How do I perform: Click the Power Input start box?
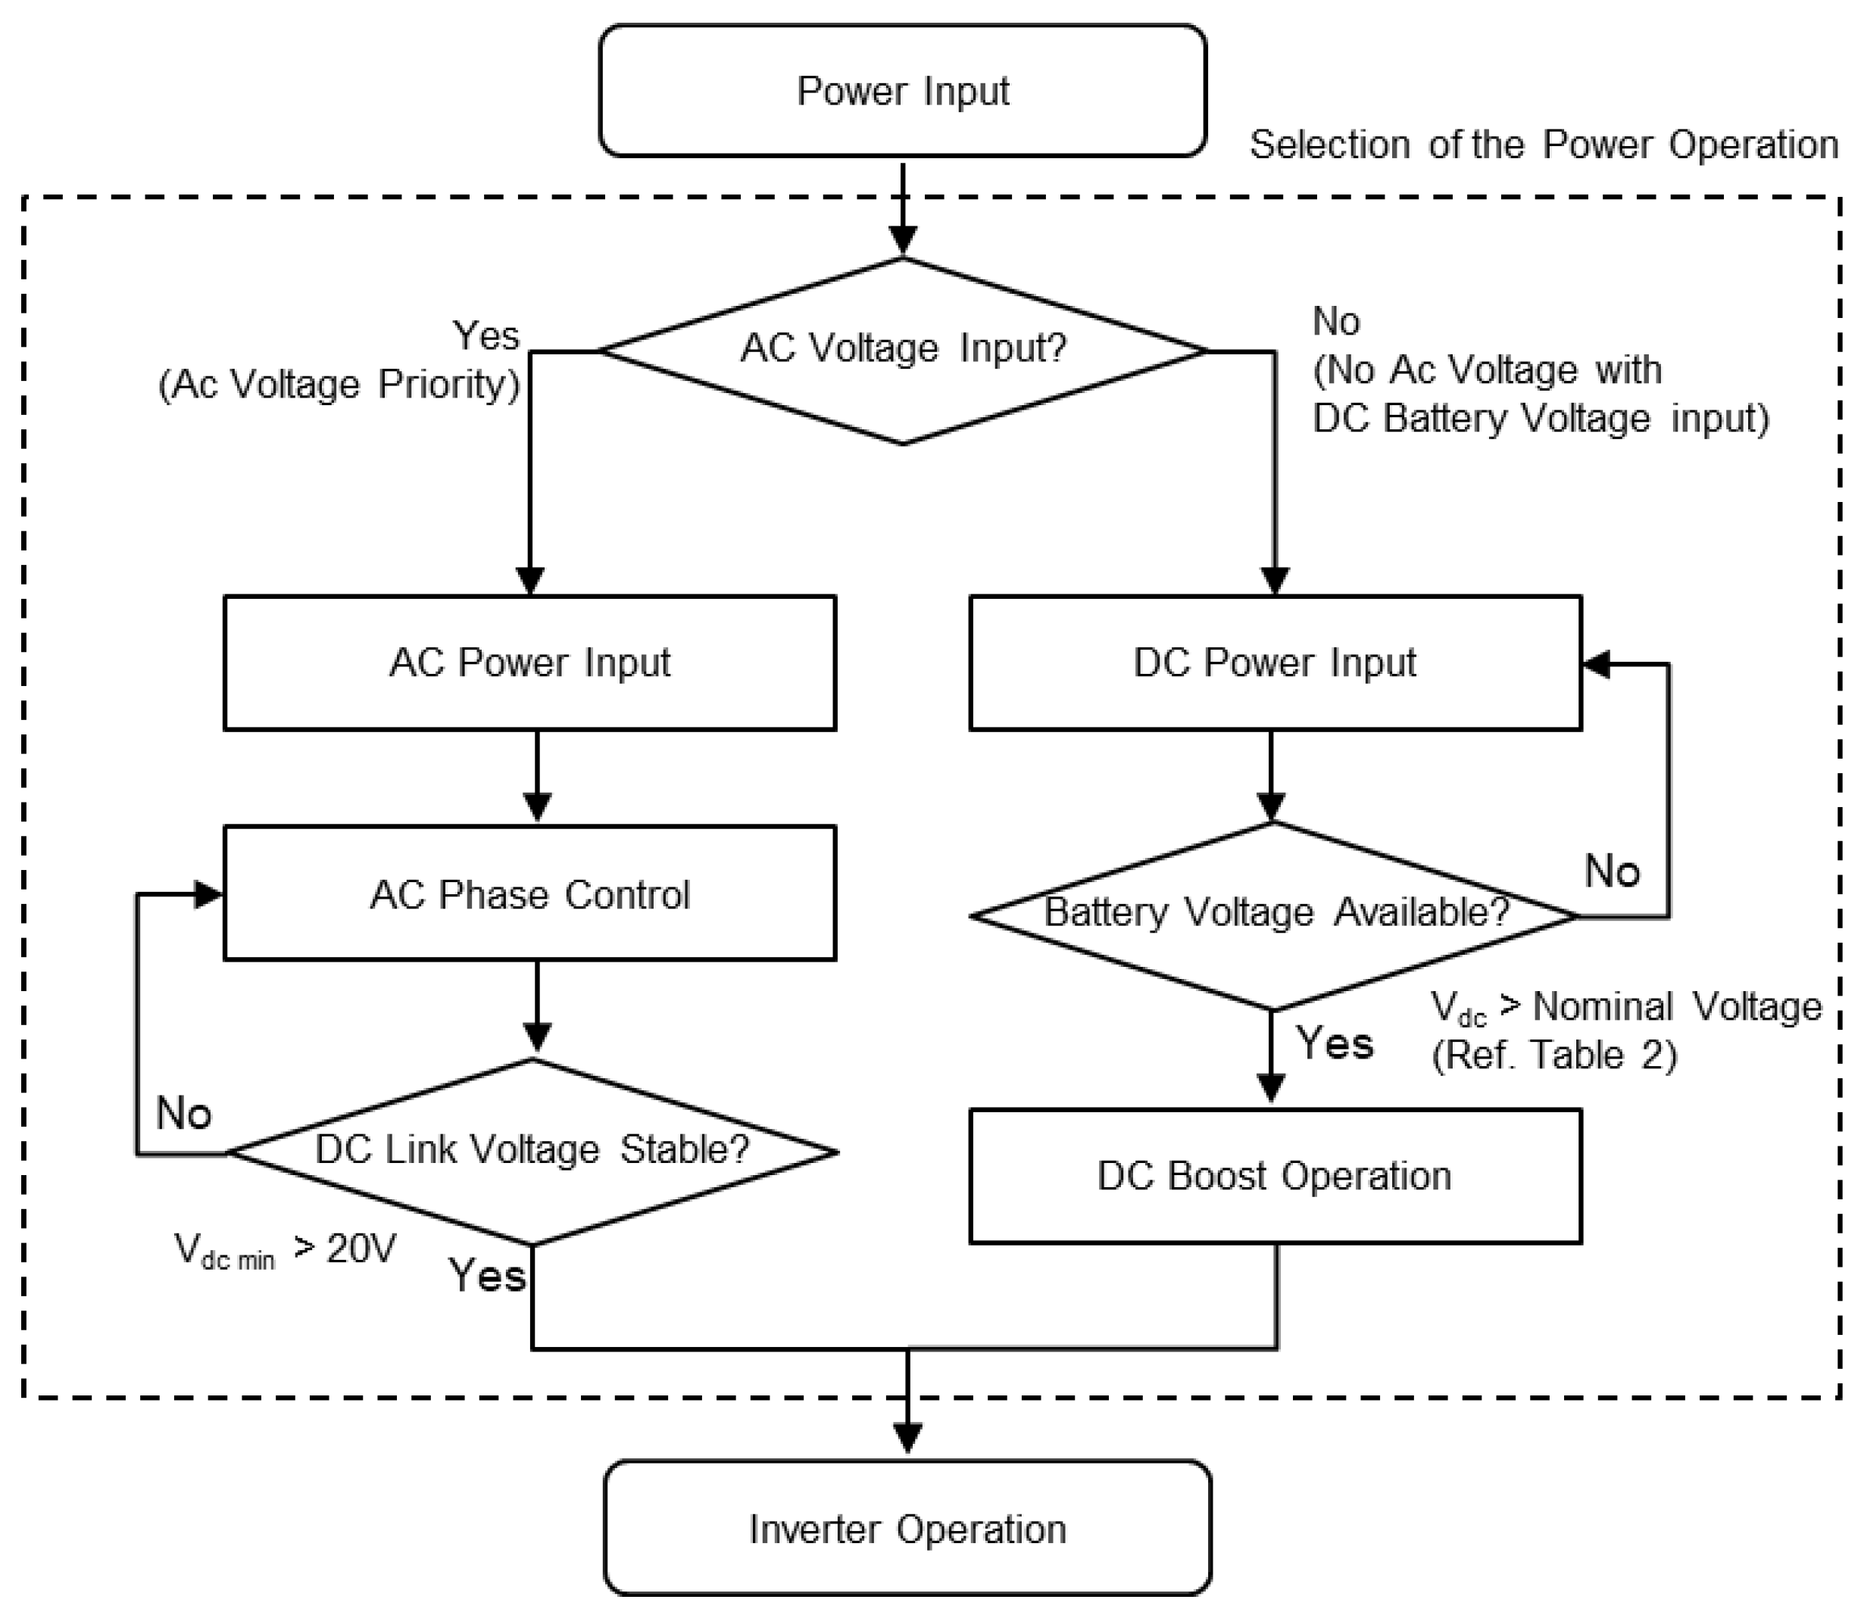(902, 91)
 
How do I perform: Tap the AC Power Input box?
(529, 663)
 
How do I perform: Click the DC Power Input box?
(1275, 663)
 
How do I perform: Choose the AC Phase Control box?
(529, 894)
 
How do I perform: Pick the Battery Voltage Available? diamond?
(1274, 914)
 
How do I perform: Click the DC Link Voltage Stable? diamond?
(532, 1151)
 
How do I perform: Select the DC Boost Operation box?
(1275, 1176)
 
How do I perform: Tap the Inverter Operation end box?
(907, 1529)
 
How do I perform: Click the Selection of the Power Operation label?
(1543, 144)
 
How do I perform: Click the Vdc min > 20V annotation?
(285, 1251)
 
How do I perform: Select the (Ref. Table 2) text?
(1554, 1055)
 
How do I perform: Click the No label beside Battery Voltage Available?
(1612, 871)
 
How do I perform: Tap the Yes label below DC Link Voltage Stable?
(487, 1276)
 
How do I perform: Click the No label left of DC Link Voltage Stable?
(184, 1113)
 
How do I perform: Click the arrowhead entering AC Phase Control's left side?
(209, 894)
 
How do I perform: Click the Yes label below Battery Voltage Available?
(1334, 1043)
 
